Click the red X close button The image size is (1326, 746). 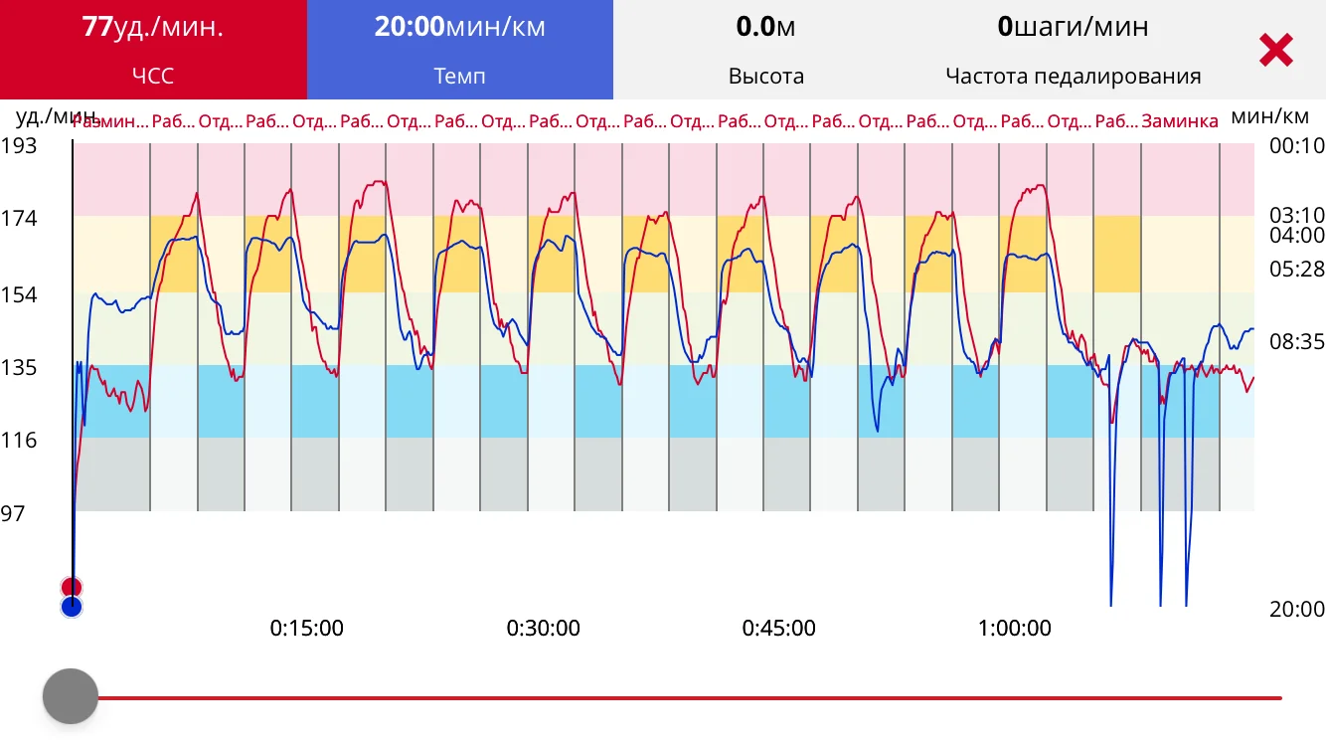click(1275, 50)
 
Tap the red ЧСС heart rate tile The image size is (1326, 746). click(153, 50)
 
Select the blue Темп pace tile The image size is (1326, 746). click(459, 50)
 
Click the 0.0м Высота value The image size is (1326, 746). click(765, 27)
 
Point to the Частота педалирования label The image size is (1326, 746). click(1073, 77)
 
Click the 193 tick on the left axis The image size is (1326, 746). click(19, 146)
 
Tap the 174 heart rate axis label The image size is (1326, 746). click(19, 218)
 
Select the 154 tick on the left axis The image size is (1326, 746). click(19, 294)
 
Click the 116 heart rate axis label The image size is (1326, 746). click(19, 440)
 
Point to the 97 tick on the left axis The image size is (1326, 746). click(13, 513)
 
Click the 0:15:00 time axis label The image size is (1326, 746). click(307, 629)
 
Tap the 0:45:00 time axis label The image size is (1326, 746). click(778, 629)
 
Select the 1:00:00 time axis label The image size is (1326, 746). click(1014, 629)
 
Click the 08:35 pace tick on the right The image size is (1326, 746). click(1297, 342)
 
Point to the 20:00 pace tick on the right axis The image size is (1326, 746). click(1297, 610)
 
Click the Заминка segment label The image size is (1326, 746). click(1180, 122)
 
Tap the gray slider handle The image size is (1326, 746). click(71, 696)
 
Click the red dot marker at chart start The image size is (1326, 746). click(71, 587)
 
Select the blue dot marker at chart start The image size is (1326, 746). click(71, 607)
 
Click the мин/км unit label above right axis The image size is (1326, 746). click(1269, 116)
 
